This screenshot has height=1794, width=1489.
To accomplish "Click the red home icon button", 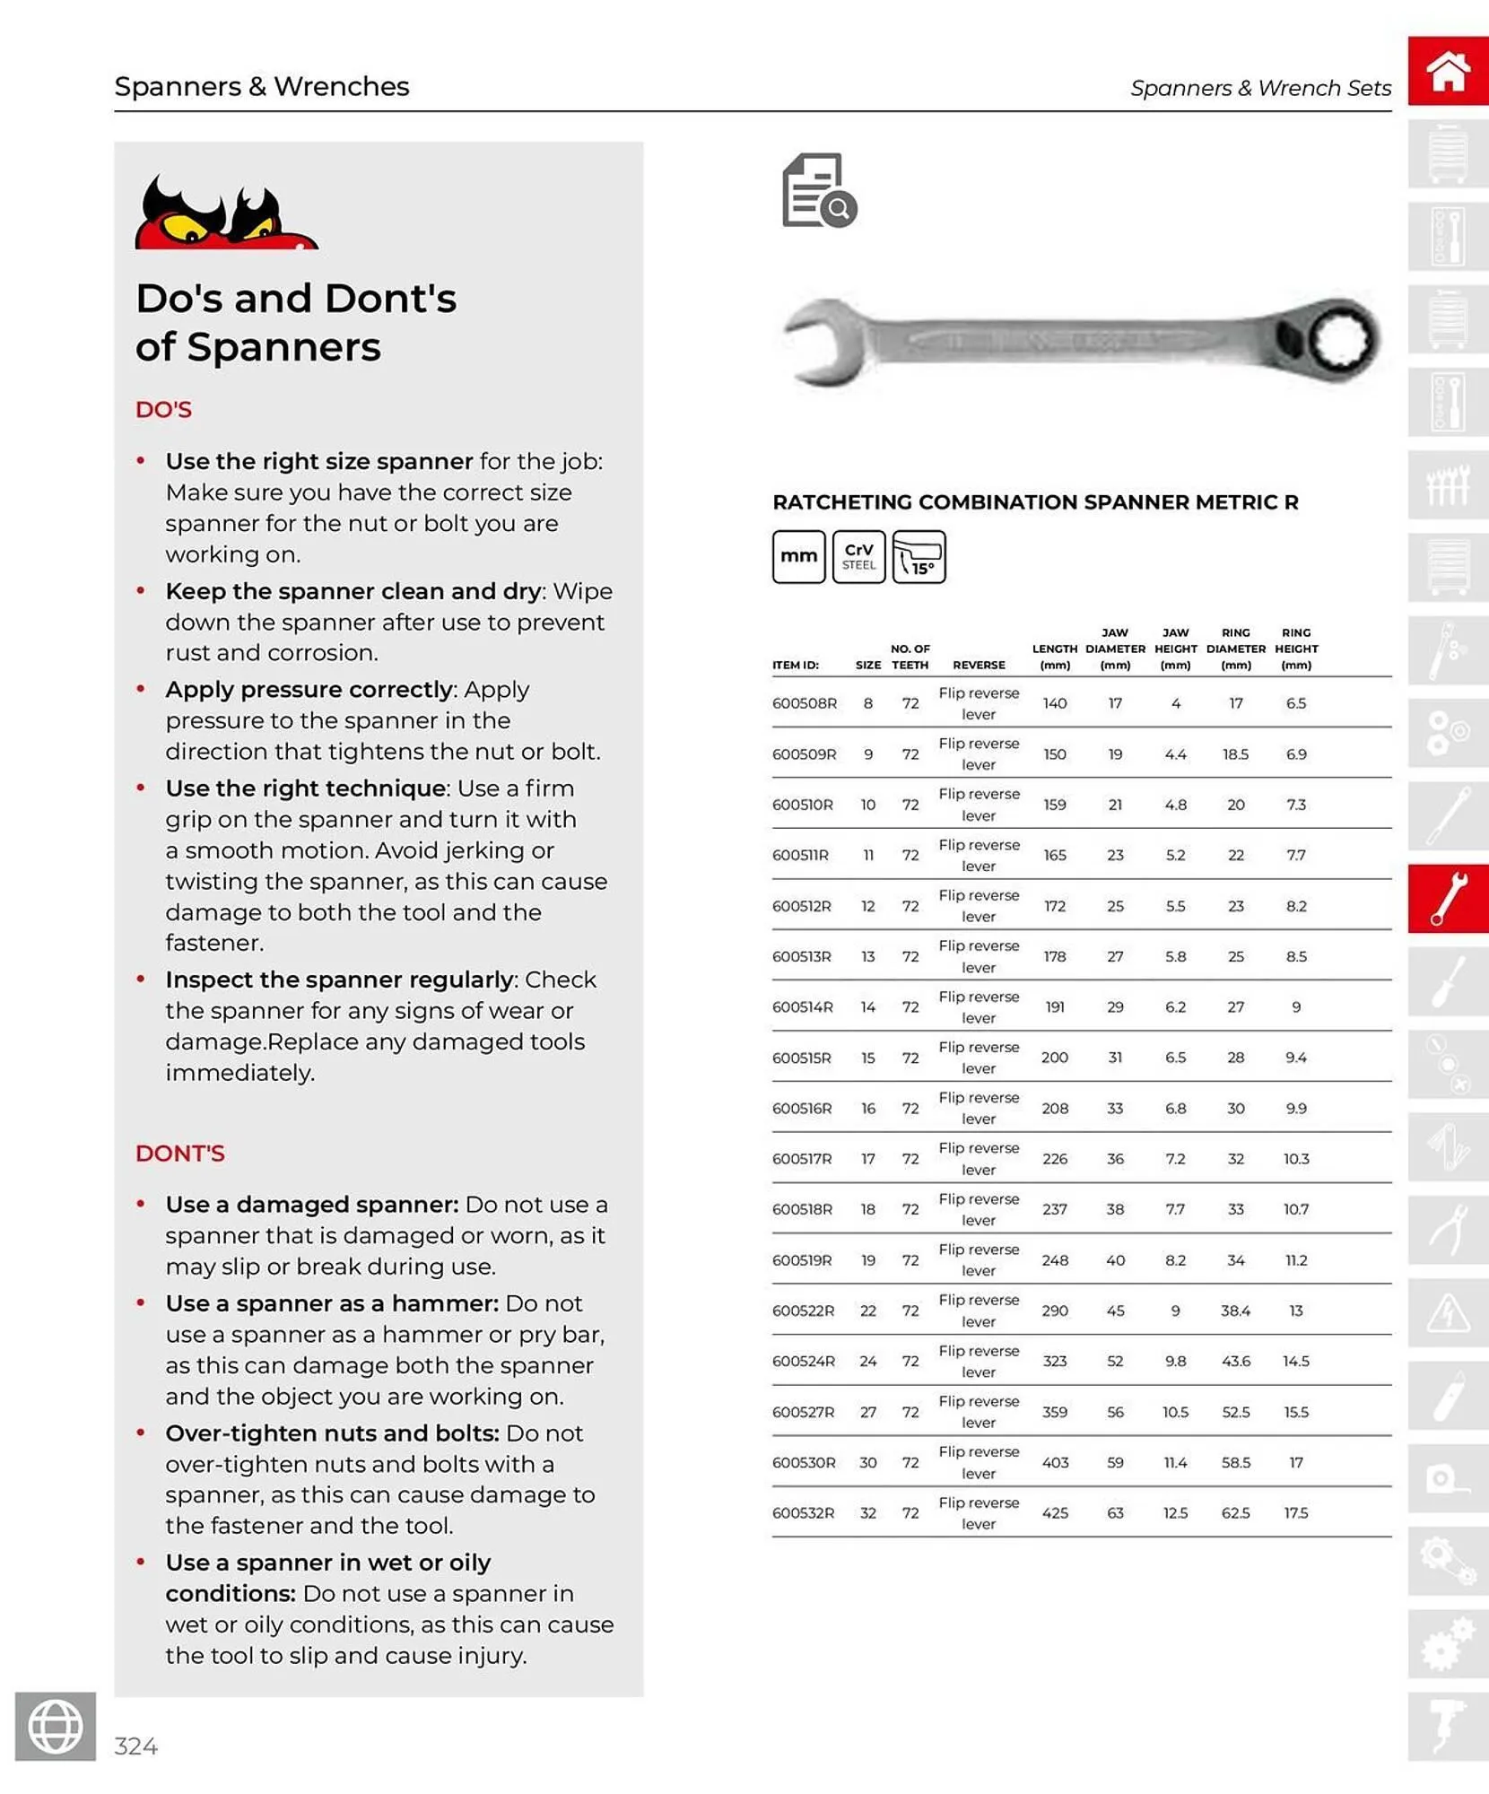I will coord(1448,72).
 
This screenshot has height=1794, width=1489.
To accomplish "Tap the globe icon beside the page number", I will coord(56,1726).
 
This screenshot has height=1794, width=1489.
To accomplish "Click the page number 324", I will coord(136,1746).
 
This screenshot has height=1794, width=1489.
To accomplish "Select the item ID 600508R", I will coord(804,703).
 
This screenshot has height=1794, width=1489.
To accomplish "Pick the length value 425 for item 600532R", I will coord(1055,1512).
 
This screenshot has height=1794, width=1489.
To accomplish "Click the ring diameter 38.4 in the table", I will coord(1235,1311).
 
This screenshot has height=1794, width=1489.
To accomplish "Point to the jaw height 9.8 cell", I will coord(1175,1361).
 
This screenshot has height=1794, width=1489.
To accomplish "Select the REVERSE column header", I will coord(979,665).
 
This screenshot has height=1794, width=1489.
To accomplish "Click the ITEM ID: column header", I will coord(796,665).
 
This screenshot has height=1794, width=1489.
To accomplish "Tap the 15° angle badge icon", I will coord(919,557).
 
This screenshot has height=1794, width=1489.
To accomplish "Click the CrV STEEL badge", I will coord(858,557).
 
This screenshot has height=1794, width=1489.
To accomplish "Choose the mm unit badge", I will coord(798,557).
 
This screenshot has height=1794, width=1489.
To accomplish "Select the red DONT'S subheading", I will coord(179,1153).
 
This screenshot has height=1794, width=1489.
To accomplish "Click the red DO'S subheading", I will coord(163,409).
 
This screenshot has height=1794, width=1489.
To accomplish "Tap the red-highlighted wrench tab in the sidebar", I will coord(1448,899).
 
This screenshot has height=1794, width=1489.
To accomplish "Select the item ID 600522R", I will coord(803,1311).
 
